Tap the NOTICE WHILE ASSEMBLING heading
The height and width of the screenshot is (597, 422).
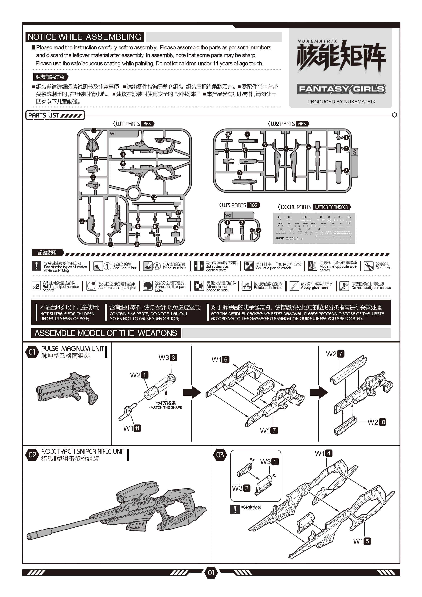85,37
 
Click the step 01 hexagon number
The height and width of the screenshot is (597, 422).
32,352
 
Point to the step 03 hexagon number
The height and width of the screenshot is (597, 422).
220,455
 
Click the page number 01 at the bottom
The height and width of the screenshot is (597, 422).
211,572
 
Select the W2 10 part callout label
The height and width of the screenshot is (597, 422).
376,422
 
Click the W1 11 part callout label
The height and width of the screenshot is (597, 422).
132,428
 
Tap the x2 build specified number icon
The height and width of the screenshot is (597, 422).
36,286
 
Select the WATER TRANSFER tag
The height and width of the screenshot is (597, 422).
331,207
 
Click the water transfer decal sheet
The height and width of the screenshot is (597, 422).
314,228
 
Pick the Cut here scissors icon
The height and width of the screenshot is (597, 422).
368,266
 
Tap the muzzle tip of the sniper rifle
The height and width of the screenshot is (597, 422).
30,536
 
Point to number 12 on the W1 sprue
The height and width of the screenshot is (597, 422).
154,197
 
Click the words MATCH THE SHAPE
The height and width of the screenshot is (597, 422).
166,407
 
